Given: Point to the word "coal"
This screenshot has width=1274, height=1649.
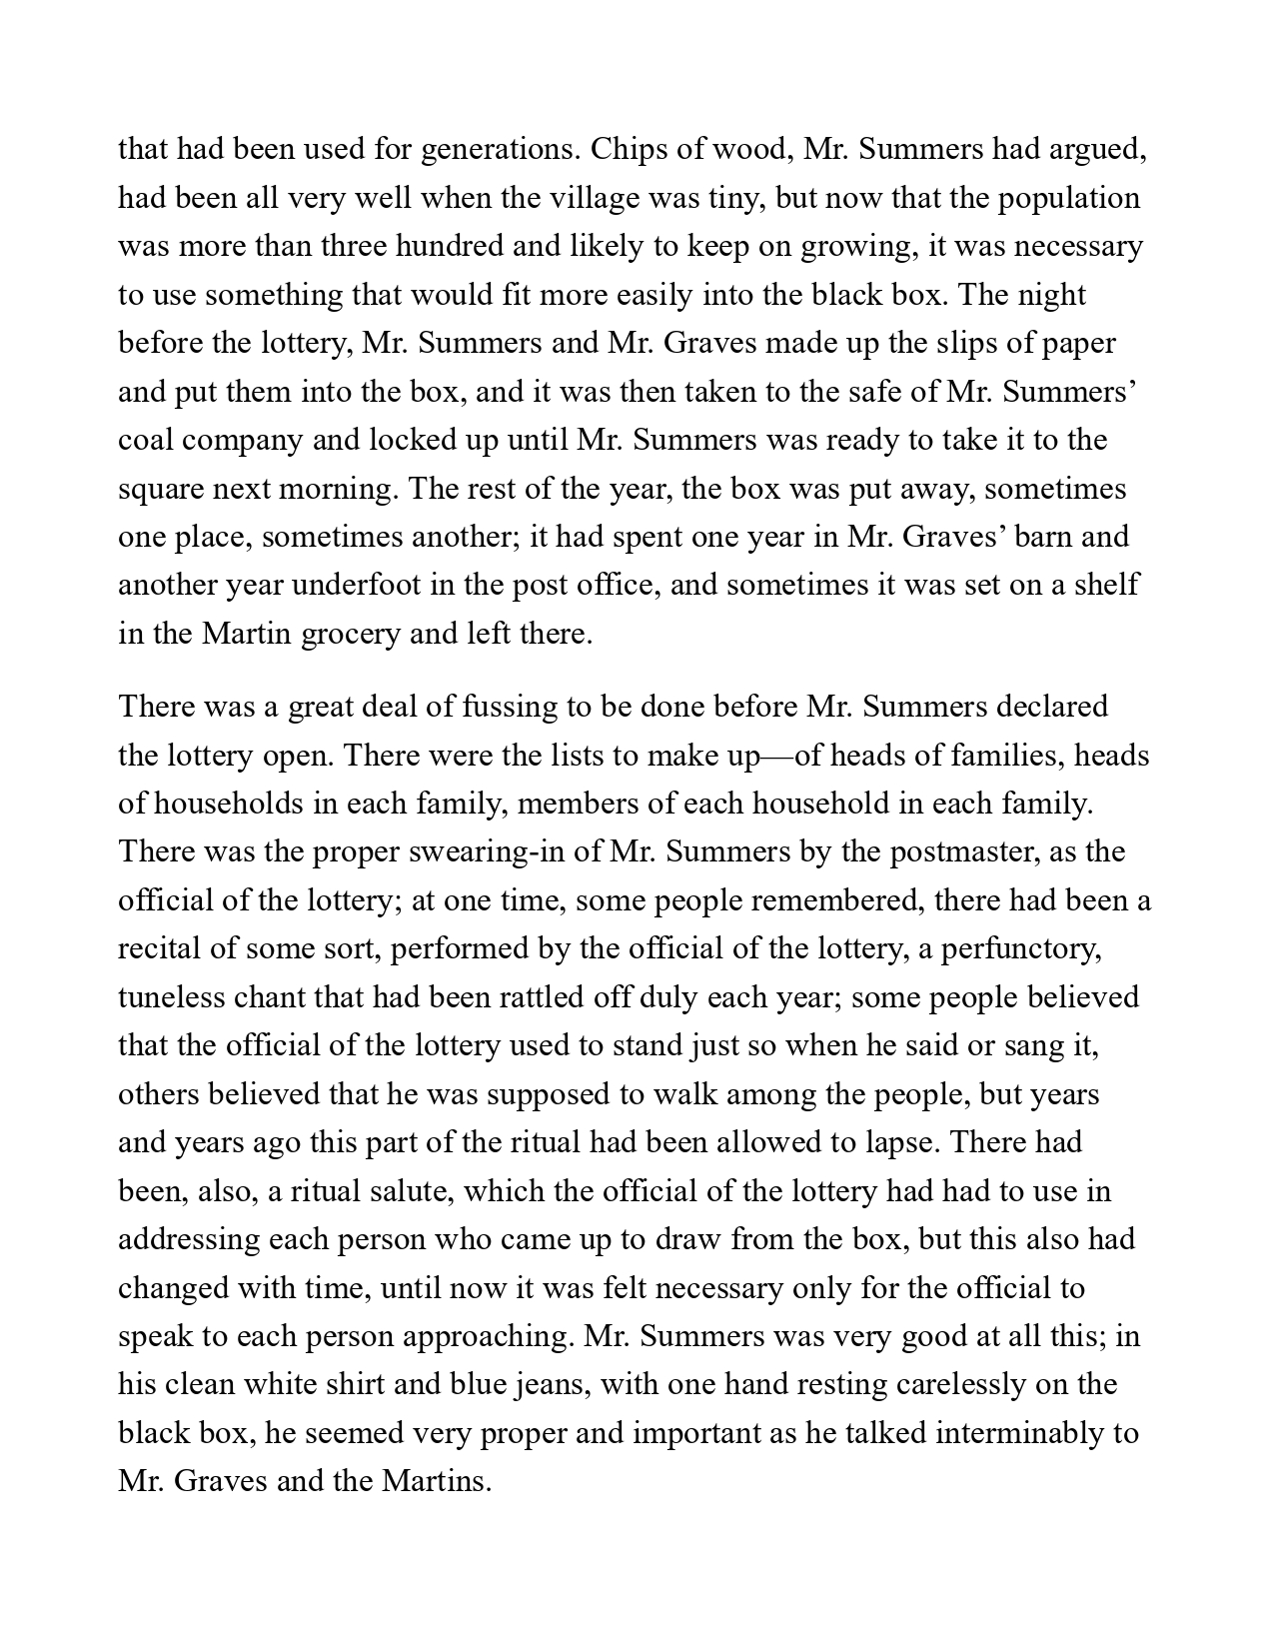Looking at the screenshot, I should tap(151, 440).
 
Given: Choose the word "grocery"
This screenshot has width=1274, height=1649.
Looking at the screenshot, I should tap(345, 634).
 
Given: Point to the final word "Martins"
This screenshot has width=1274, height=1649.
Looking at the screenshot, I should tap(437, 1481).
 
